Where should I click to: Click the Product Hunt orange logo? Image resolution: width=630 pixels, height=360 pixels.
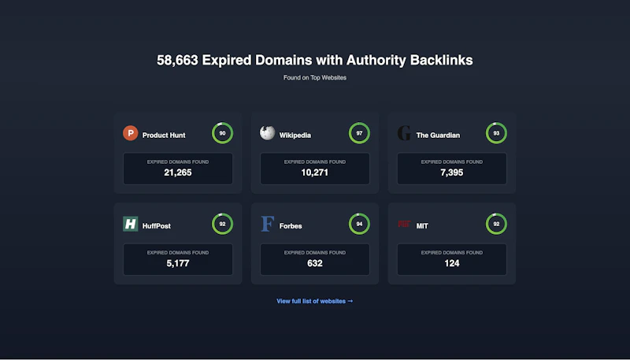point(131,133)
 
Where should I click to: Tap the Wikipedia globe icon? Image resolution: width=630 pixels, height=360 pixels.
point(267,133)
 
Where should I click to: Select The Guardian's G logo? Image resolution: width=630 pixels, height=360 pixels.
point(404,133)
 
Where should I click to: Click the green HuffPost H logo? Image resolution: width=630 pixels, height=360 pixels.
point(131,224)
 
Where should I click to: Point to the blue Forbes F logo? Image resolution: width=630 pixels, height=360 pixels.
point(268,224)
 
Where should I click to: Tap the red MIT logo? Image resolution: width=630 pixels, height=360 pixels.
point(404,224)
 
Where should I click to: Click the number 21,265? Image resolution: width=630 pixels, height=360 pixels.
point(178,173)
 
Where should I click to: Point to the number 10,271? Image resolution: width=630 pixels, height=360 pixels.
point(314,173)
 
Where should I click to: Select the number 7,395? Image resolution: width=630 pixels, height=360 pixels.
point(451,173)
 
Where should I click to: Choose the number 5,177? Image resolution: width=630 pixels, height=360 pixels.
point(178,264)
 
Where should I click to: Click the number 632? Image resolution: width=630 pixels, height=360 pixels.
point(314,264)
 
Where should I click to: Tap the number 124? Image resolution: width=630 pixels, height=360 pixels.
point(451,264)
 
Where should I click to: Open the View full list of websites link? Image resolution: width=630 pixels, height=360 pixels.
point(314,301)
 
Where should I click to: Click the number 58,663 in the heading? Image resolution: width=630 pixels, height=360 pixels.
point(177,61)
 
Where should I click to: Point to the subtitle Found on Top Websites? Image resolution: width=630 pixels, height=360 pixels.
point(314,77)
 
